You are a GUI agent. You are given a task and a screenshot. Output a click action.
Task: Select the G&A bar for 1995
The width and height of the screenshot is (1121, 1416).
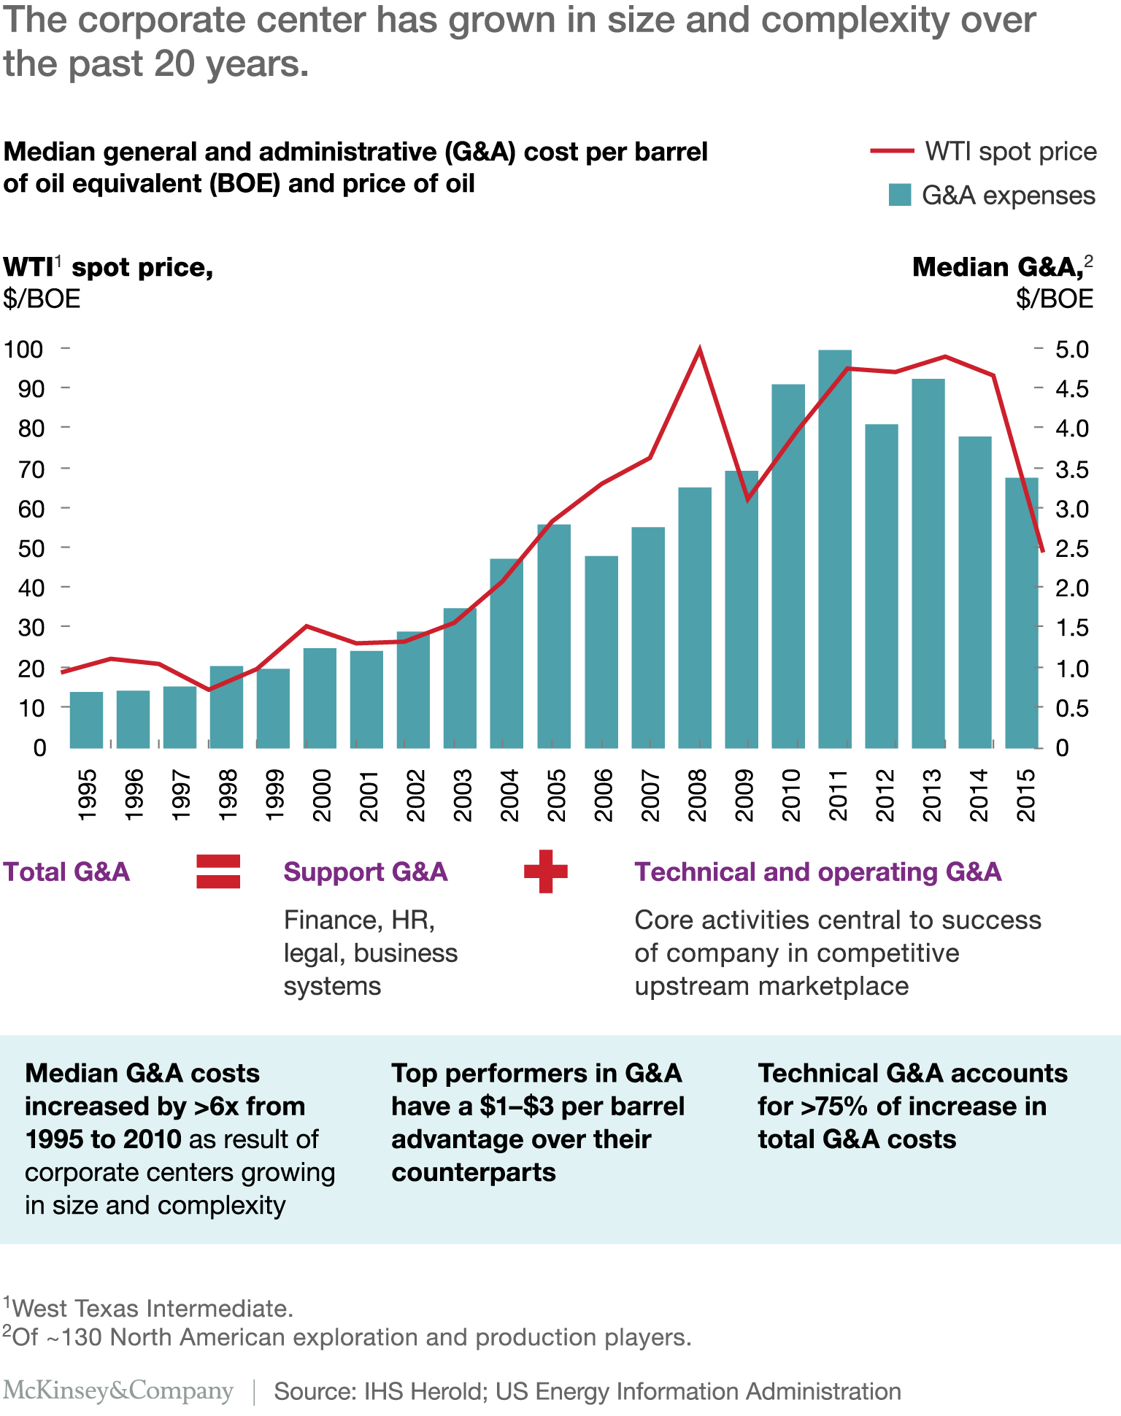(86, 720)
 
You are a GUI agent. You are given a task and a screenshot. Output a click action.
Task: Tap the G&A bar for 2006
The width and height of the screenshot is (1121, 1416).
(601, 652)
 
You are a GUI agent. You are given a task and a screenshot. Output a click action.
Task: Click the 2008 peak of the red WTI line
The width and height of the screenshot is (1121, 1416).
(699, 350)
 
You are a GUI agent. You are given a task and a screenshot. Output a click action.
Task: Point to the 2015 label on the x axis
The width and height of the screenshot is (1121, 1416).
(1027, 795)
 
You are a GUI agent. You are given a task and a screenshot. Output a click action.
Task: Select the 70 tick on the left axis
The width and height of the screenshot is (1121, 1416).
(32, 469)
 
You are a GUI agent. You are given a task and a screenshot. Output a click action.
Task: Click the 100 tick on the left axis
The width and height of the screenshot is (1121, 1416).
(24, 349)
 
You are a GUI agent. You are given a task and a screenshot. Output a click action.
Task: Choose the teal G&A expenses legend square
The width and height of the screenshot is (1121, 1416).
(899, 195)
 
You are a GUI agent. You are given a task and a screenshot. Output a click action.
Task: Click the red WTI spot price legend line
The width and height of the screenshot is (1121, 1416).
(891, 151)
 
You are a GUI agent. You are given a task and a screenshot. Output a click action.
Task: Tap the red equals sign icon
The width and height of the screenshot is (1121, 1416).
(218, 871)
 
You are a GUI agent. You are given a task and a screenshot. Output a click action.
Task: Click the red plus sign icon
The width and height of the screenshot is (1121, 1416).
(546, 871)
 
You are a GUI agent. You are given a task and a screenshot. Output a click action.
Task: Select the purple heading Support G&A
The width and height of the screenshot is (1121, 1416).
(365, 871)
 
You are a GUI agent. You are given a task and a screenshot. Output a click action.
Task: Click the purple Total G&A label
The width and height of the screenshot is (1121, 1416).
(66, 871)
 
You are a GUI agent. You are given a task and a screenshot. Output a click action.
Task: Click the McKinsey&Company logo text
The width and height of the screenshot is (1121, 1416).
(118, 1390)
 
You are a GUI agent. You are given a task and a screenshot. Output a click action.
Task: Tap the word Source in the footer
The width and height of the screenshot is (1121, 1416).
(305, 1391)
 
